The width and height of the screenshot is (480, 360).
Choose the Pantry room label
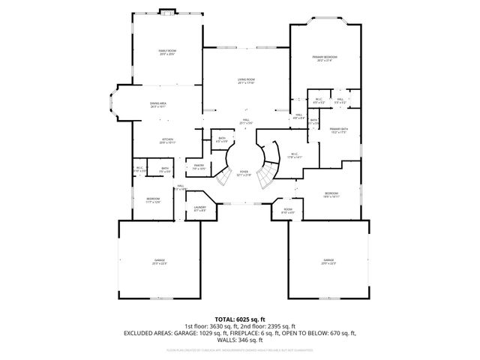(x=199, y=166)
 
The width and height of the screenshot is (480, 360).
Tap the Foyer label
(x=244, y=173)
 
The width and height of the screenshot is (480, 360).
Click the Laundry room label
(x=199, y=209)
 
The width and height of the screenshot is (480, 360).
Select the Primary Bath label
(x=339, y=130)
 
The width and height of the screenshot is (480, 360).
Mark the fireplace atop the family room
(x=167, y=12)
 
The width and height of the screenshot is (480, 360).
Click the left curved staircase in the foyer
(x=223, y=178)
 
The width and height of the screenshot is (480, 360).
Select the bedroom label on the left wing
(x=153, y=199)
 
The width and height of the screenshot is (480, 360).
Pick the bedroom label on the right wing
(x=331, y=194)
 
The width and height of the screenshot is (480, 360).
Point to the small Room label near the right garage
(x=287, y=211)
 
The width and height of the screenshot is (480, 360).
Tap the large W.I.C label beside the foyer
(x=294, y=156)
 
